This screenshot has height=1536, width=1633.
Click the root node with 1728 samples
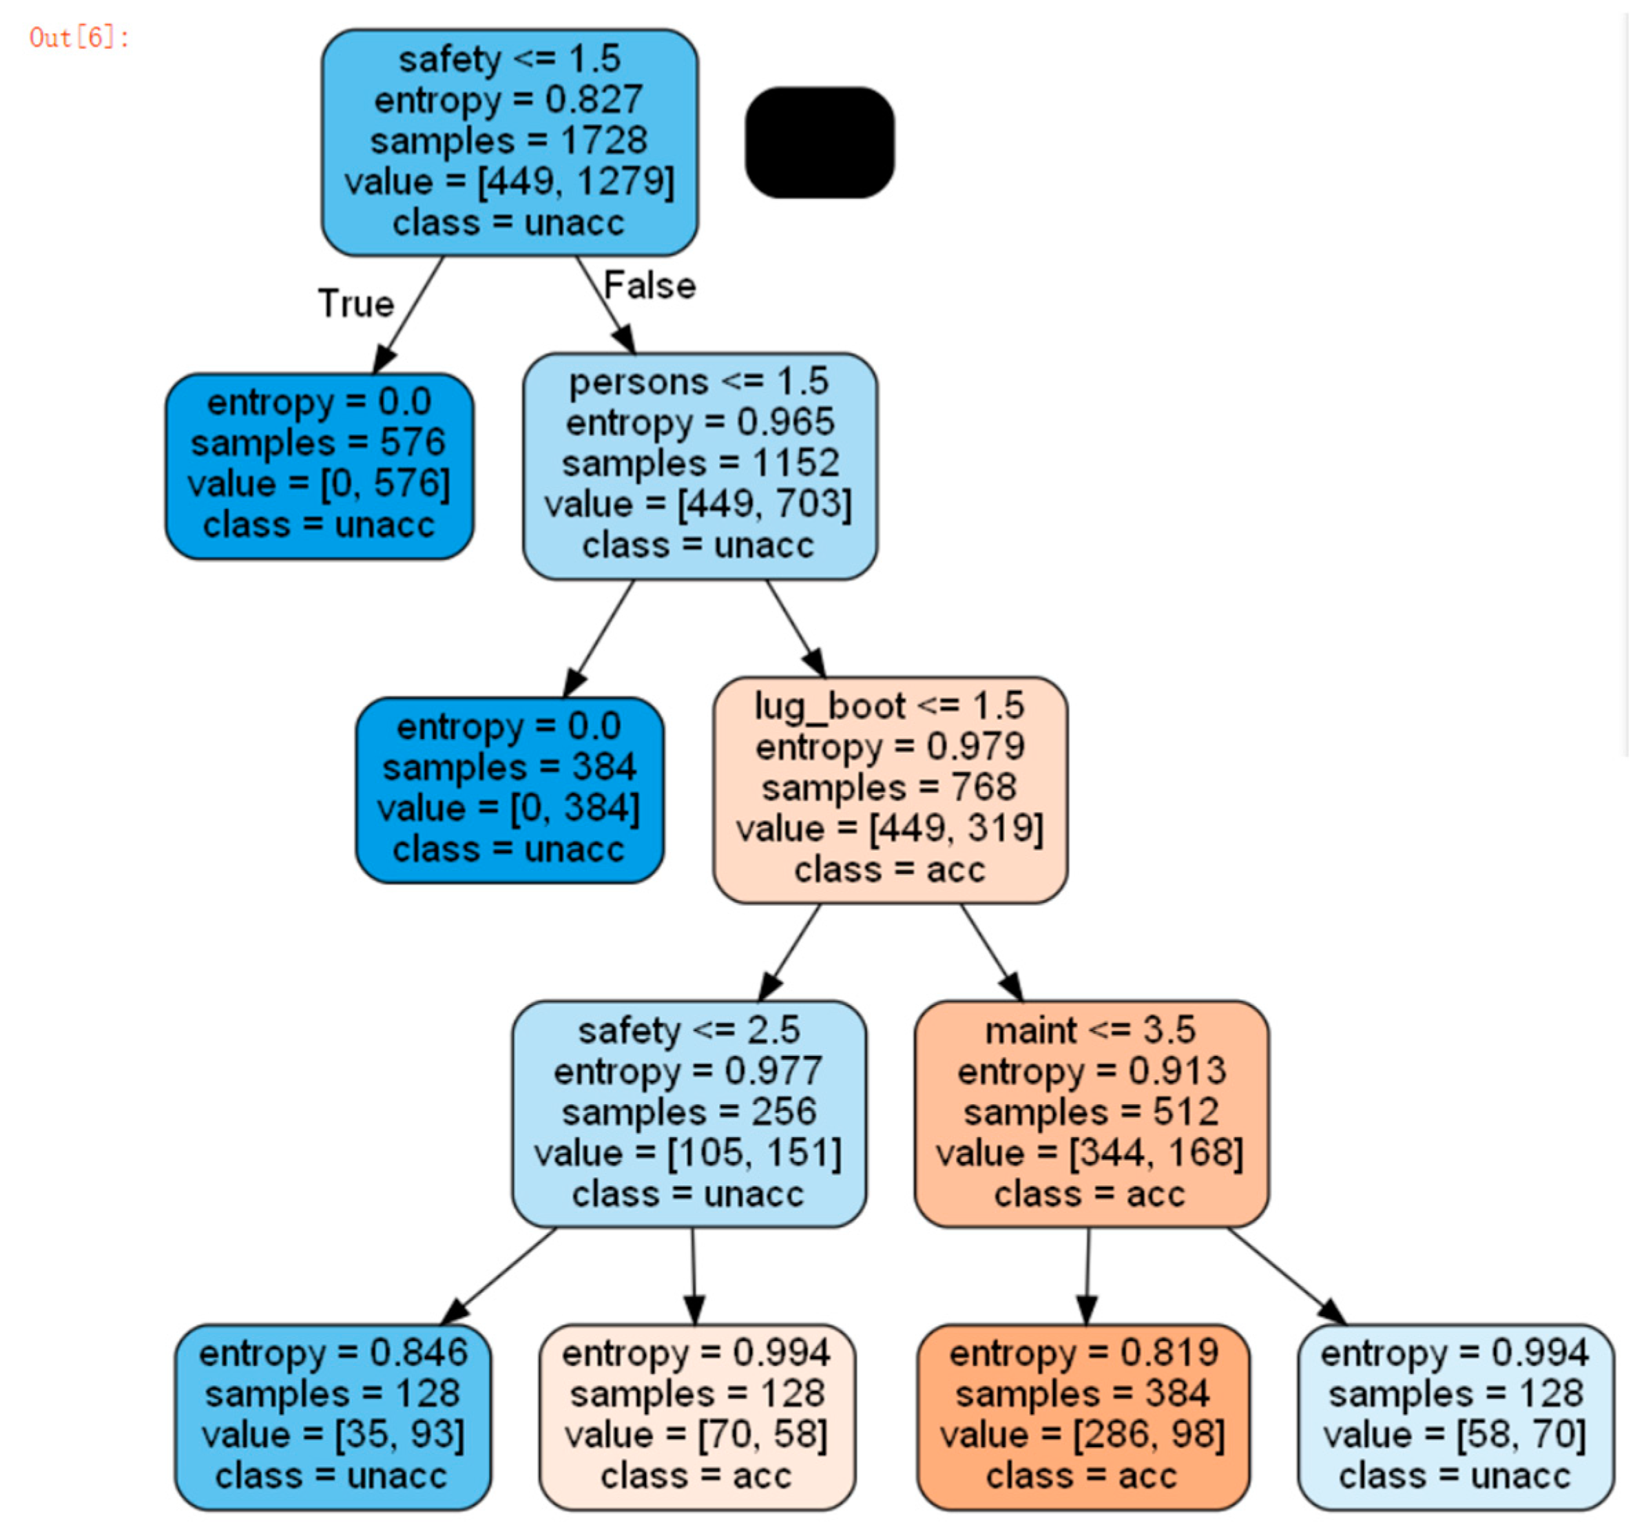point(509,142)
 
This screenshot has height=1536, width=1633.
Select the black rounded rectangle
point(819,142)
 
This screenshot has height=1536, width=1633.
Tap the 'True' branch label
point(355,304)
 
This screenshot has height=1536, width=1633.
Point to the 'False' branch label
point(649,286)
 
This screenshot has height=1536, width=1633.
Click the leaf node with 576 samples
point(319,465)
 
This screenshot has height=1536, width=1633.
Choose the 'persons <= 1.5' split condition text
point(698,382)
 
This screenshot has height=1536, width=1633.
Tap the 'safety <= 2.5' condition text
point(688,1030)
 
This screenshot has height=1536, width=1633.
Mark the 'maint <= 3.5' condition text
point(1090,1030)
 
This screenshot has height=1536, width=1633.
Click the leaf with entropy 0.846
point(332,1415)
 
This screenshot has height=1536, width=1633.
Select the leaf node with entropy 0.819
point(1083,1415)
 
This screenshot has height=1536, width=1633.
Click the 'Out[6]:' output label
point(79,38)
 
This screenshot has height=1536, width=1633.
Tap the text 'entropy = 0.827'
point(508,100)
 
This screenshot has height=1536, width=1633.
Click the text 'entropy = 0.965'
point(699,423)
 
